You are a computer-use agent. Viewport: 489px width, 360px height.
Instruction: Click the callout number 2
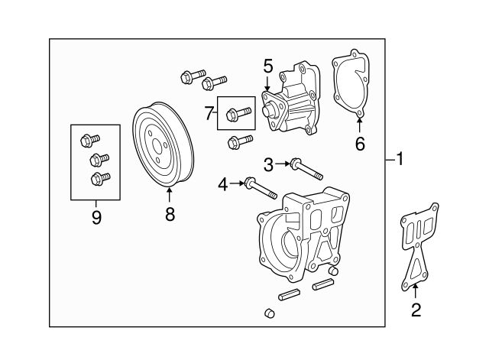point(416,310)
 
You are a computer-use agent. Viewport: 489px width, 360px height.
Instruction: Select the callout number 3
point(268,163)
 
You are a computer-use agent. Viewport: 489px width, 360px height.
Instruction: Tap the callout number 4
point(222,183)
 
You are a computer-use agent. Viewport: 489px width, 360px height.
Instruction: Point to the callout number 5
point(268,66)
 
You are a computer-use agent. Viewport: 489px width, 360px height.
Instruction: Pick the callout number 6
point(360,143)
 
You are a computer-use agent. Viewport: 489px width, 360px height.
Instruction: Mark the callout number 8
point(170,215)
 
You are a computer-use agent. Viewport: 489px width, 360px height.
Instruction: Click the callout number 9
point(96,218)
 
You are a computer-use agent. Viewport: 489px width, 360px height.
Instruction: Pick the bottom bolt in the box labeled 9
point(96,180)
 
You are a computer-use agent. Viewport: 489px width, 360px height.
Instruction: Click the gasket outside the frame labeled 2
point(419,245)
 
